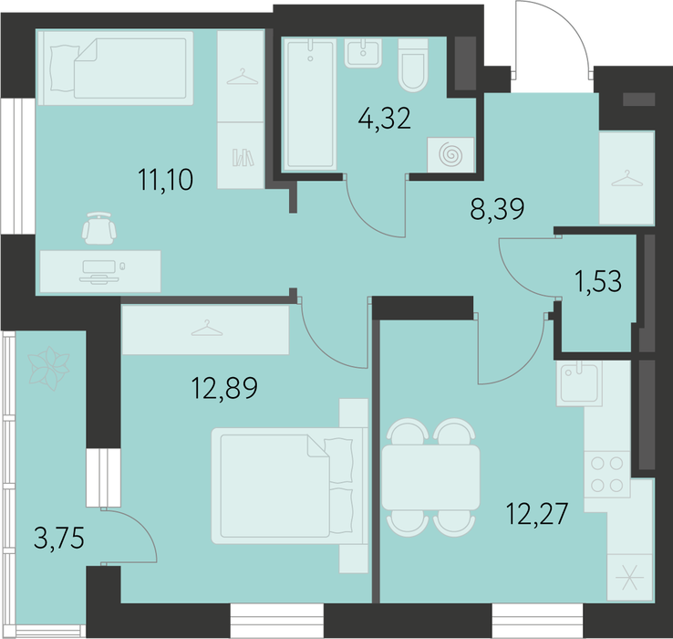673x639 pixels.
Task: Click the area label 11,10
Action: (166, 180)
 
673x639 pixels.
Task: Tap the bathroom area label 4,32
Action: (385, 119)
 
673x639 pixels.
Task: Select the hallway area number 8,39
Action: (497, 209)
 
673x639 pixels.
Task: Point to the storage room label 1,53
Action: (598, 281)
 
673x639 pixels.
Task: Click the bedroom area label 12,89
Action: (224, 388)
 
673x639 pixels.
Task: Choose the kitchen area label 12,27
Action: (537, 514)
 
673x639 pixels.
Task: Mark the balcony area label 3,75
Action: (59, 538)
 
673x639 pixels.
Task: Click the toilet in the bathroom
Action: (413, 66)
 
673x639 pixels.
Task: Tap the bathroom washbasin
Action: (363, 53)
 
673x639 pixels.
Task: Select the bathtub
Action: (310, 104)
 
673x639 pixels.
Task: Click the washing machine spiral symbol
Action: (450, 154)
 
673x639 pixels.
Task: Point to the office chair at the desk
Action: (99, 227)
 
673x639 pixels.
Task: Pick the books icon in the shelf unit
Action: (243, 158)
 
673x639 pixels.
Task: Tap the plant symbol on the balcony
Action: (48, 368)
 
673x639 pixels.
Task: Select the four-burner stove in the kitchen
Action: (607, 475)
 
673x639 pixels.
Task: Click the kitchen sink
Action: (579, 383)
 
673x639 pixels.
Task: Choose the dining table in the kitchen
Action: (430, 477)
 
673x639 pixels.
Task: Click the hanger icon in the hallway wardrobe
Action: (627, 178)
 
